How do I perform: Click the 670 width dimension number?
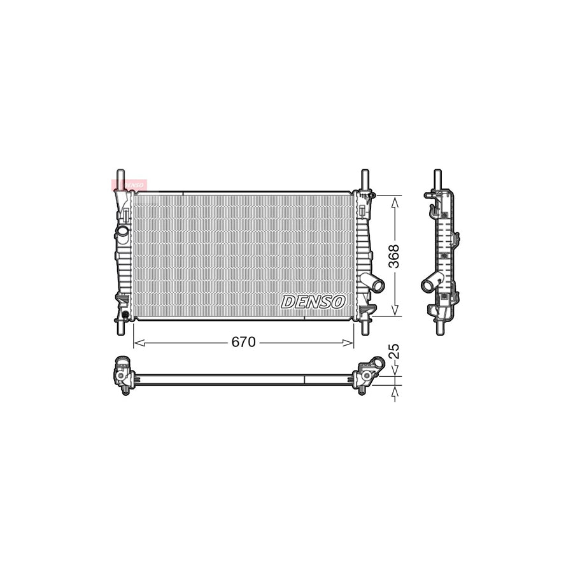(x=243, y=343)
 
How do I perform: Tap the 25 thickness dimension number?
(x=395, y=351)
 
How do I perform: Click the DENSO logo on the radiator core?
(x=314, y=302)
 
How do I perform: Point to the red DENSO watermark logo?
(x=130, y=185)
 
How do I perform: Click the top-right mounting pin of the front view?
(x=365, y=179)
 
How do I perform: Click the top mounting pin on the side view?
(x=437, y=178)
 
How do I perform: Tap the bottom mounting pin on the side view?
(x=439, y=327)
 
